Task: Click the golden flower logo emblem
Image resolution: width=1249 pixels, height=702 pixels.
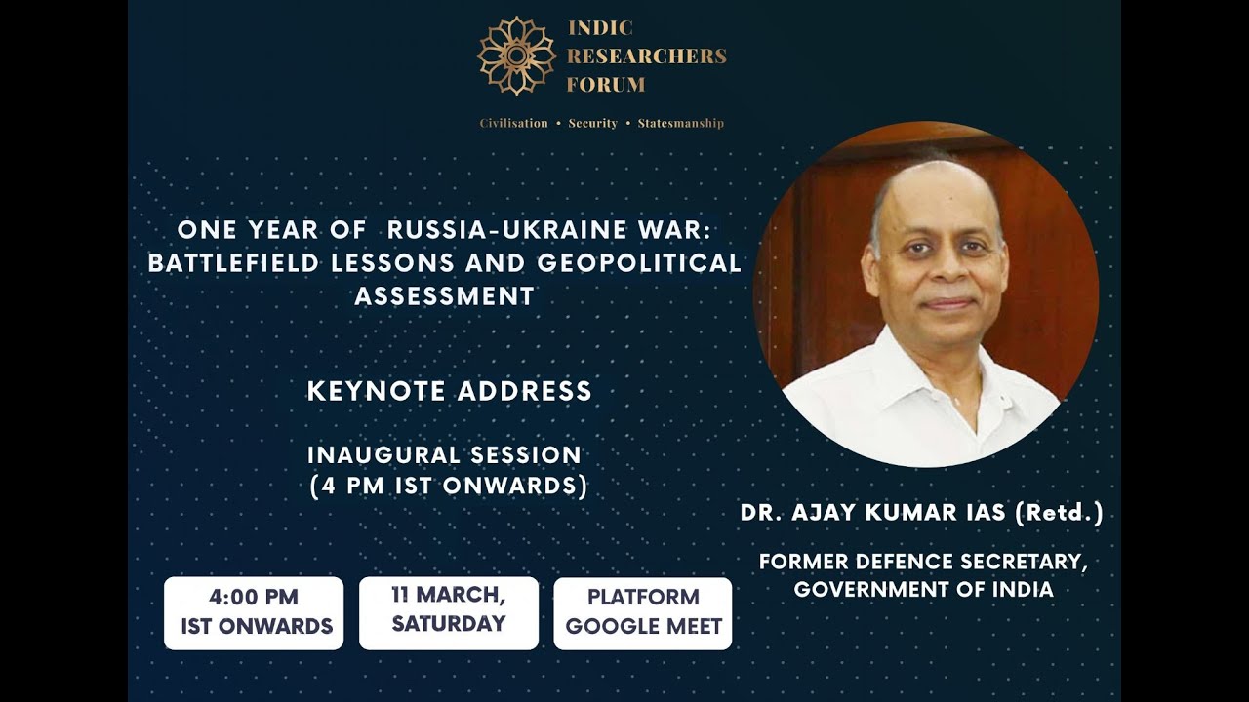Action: pos(516,56)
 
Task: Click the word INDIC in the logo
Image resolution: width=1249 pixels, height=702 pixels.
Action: pos(600,29)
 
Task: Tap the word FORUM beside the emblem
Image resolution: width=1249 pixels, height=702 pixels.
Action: pos(606,85)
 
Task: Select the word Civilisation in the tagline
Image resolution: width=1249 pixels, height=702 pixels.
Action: pos(513,124)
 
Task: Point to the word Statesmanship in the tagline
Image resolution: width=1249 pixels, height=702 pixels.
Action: pos(680,124)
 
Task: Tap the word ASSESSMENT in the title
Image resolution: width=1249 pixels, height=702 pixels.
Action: pos(445,295)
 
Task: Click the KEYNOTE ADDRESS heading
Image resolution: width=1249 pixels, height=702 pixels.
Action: pos(450,391)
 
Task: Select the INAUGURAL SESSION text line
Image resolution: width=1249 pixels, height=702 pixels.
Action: pos(445,454)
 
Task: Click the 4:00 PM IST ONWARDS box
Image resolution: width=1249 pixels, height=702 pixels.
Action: pos(254,612)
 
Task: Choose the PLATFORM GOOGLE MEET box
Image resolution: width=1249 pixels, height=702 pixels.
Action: pos(643,612)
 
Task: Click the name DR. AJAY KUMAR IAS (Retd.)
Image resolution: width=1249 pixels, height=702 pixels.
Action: pos(922,514)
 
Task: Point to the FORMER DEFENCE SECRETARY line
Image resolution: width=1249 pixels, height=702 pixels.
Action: pos(923,563)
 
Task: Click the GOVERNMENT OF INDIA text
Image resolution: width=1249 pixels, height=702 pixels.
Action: pos(923,590)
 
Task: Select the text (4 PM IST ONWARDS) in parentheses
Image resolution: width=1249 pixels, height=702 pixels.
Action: pos(449,486)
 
